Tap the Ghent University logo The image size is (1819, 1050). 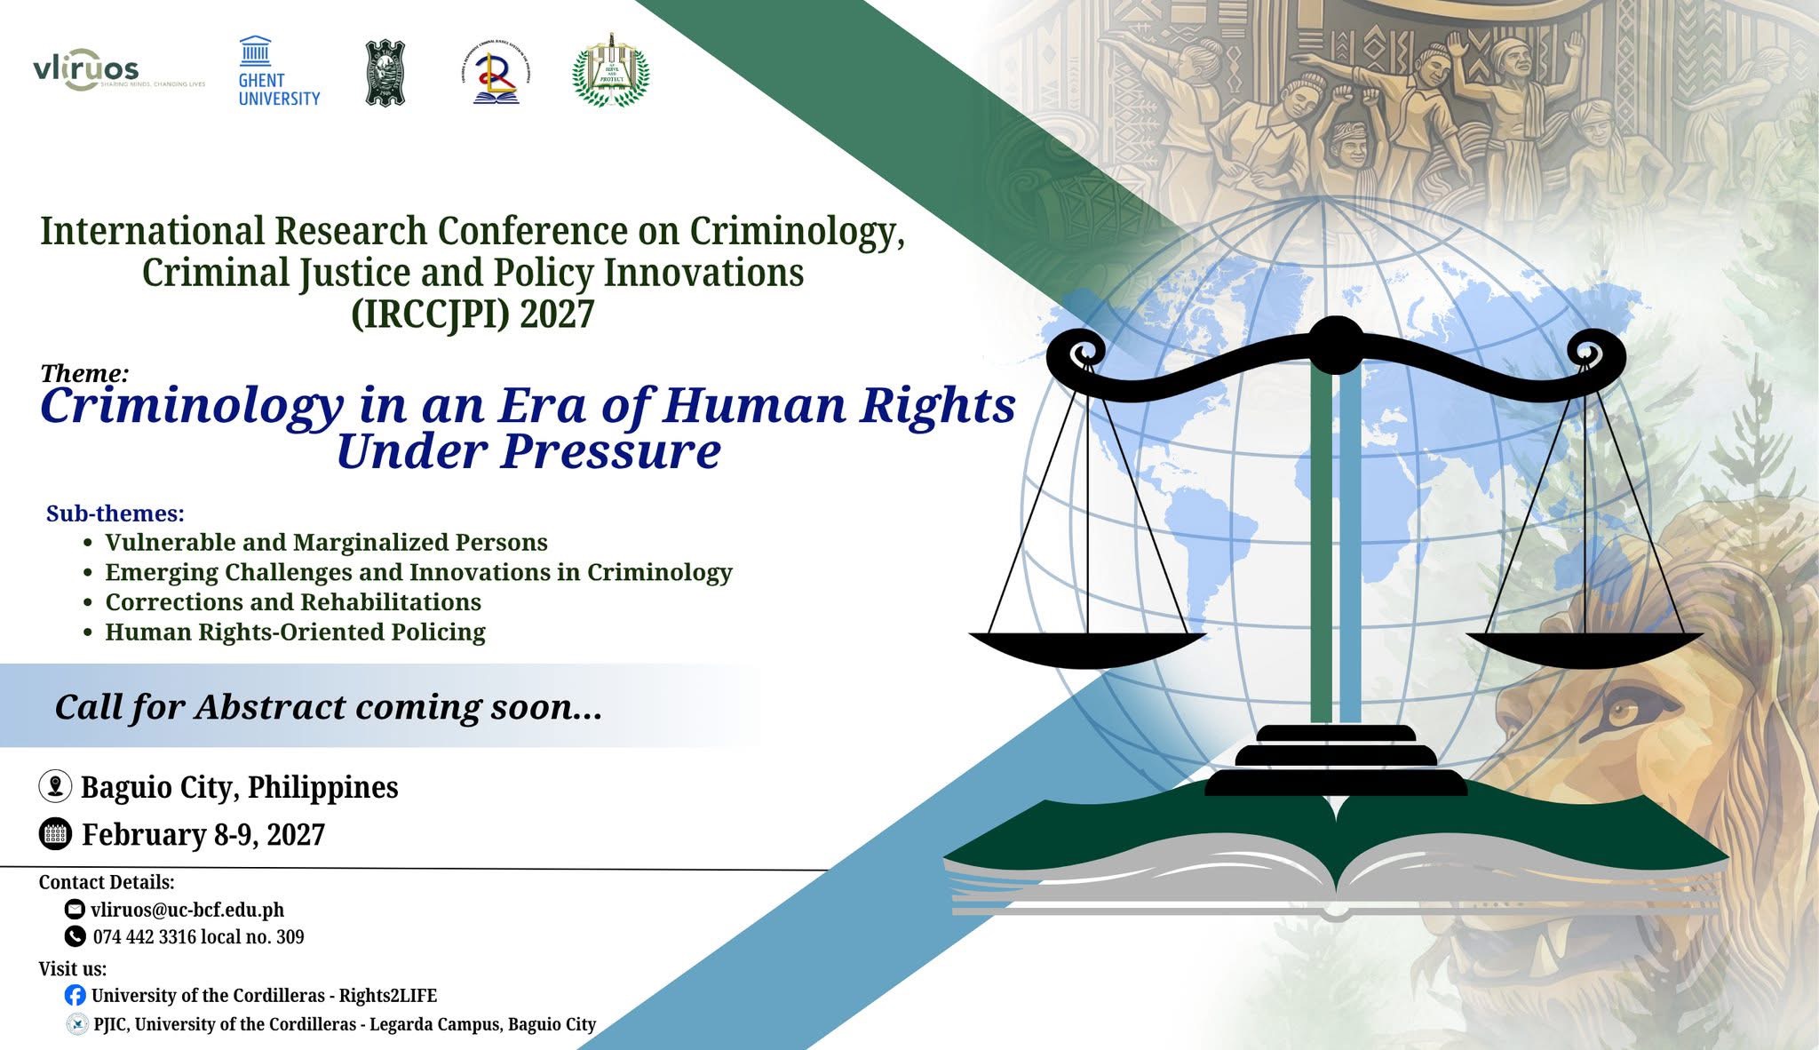(x=278, y=73)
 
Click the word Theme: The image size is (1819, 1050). (x=84, y=373)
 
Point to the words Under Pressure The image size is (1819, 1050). (x=528, y=451)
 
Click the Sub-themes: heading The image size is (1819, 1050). (x=115, y=513)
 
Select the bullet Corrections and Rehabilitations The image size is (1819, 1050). (x=293, y=602)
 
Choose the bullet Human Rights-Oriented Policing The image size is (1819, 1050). (x=295, y=632)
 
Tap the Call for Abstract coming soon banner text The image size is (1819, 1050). (x=329, y=707)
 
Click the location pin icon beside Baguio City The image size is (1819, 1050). (x=55, y=786)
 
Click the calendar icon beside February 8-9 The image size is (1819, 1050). (x=55, y=834)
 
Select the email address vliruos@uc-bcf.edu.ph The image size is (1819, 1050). (x=187, y=910)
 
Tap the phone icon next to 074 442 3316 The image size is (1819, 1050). (x=75, y=936)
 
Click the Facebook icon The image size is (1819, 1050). (x=75, y=995)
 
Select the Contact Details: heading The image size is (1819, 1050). (x=107, y=882)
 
